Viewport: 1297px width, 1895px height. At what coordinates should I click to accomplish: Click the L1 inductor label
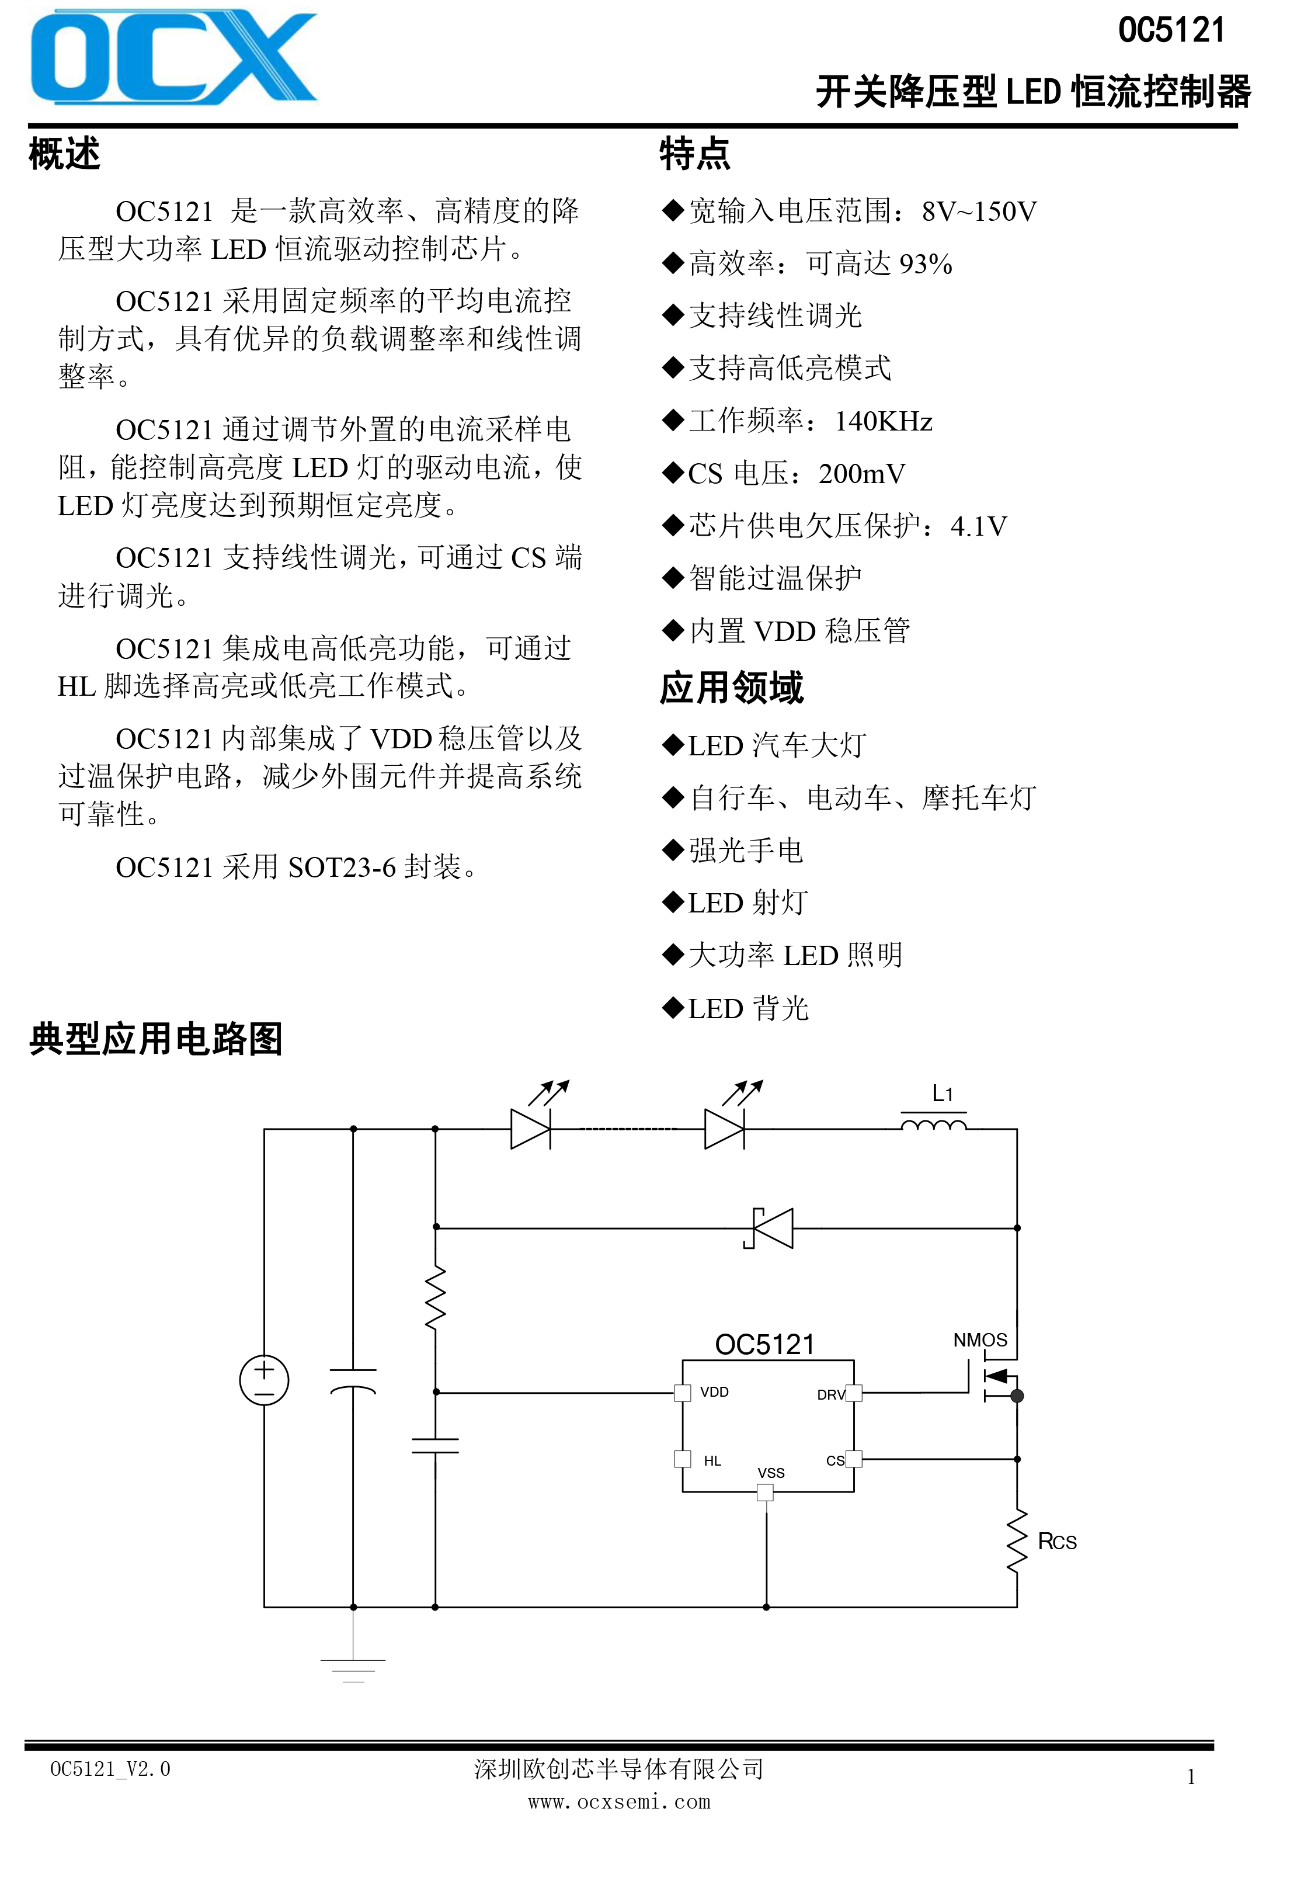pyautogui.click(x=943, y=1094)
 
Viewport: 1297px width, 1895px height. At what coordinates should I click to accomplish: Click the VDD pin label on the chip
pyautogui.click(x=714, y=1392)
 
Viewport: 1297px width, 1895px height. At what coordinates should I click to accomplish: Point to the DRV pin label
pyautogui.click(x=831, y=1394)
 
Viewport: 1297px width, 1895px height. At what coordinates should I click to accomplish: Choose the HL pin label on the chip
pyautogui.click(x=712, y=1460)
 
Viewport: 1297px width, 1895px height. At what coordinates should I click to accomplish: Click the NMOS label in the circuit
pyautogui.click(x=980, y=1339)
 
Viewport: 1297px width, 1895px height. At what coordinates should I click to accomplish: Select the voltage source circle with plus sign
pyautogui.click(x=264, y=1380)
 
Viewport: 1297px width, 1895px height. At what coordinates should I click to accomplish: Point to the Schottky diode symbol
pyautogui.click(x=768, y=1228)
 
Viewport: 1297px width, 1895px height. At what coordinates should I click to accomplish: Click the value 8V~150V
pyautogui.click(x=979, y=212)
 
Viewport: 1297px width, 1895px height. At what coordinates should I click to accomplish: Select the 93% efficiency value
pyautogui.click(x=925, y=264)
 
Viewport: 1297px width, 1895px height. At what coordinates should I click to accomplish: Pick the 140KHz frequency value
pyautogui.click(x=884, y=421)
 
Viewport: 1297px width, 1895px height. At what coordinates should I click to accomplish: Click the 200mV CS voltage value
pyautogui.click(x=862, y=474)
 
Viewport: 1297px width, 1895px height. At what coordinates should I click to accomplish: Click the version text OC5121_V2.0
pyautogui.click(x=110, y=1769)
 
